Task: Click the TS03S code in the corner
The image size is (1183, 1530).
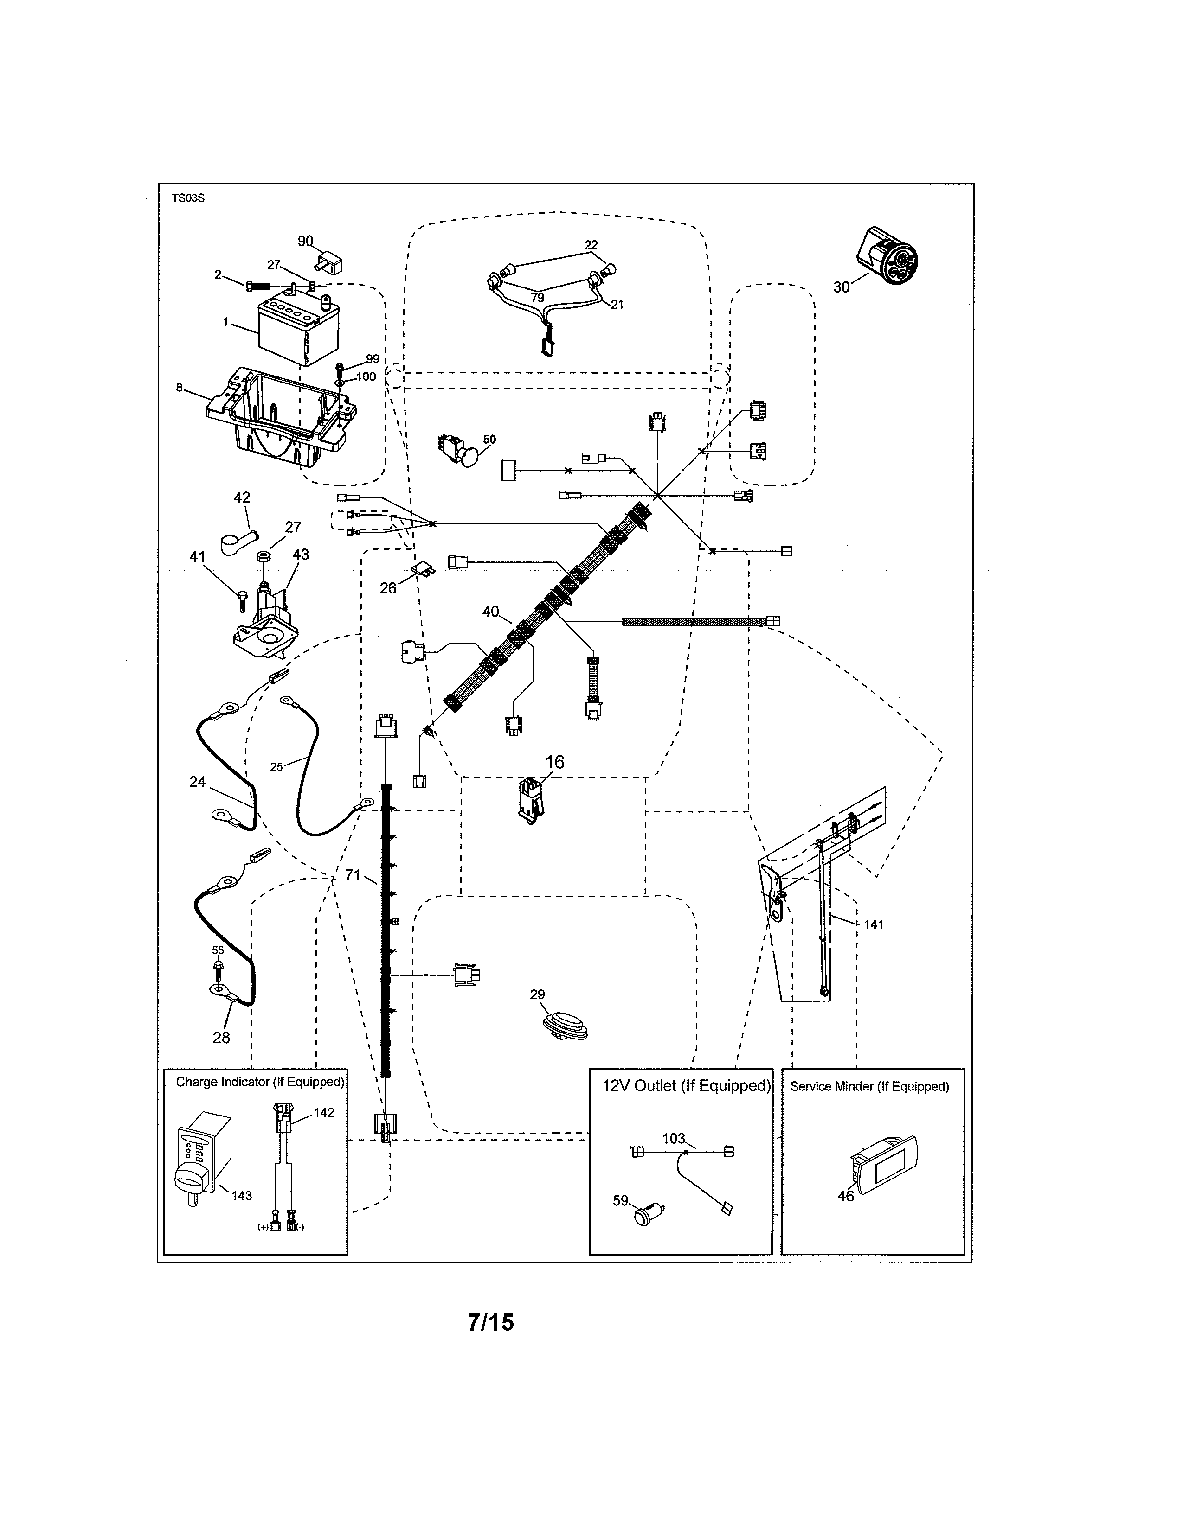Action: (x=188, y=198)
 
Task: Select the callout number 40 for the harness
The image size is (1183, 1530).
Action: (x=490, y=612)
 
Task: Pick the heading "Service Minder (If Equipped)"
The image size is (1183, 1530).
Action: (x=869, y=1087)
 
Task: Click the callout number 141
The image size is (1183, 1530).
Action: (x=873, y=925)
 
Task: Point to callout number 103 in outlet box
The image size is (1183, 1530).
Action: (x=673, y=1138)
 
